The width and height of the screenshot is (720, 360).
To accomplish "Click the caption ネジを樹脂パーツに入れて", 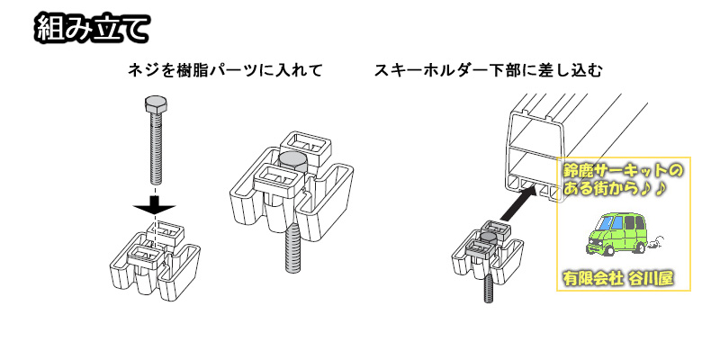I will tap(225, 69).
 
